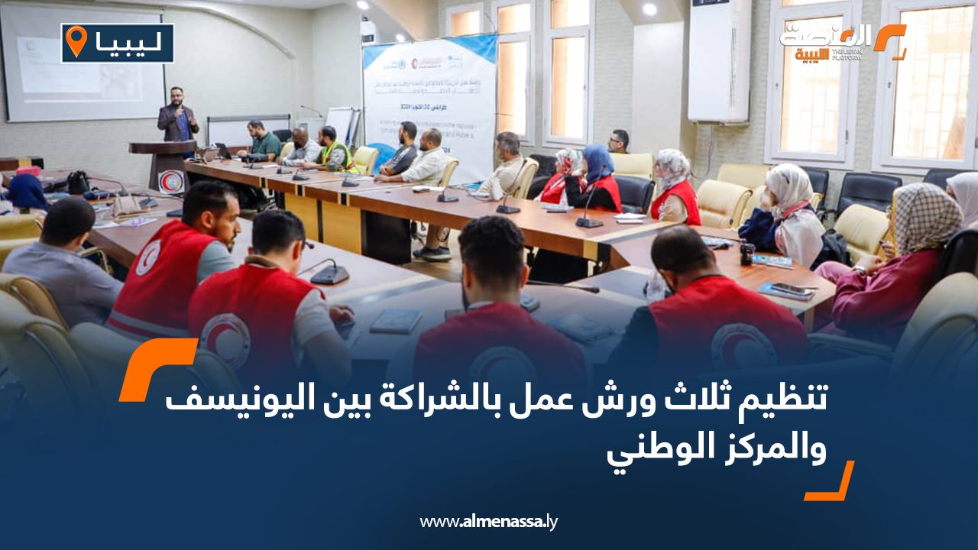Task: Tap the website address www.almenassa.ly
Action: coord(489,522)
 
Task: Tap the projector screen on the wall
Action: coord(83,65)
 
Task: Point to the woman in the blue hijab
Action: coord(600,180)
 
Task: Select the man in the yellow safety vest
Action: coord(333,149)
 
